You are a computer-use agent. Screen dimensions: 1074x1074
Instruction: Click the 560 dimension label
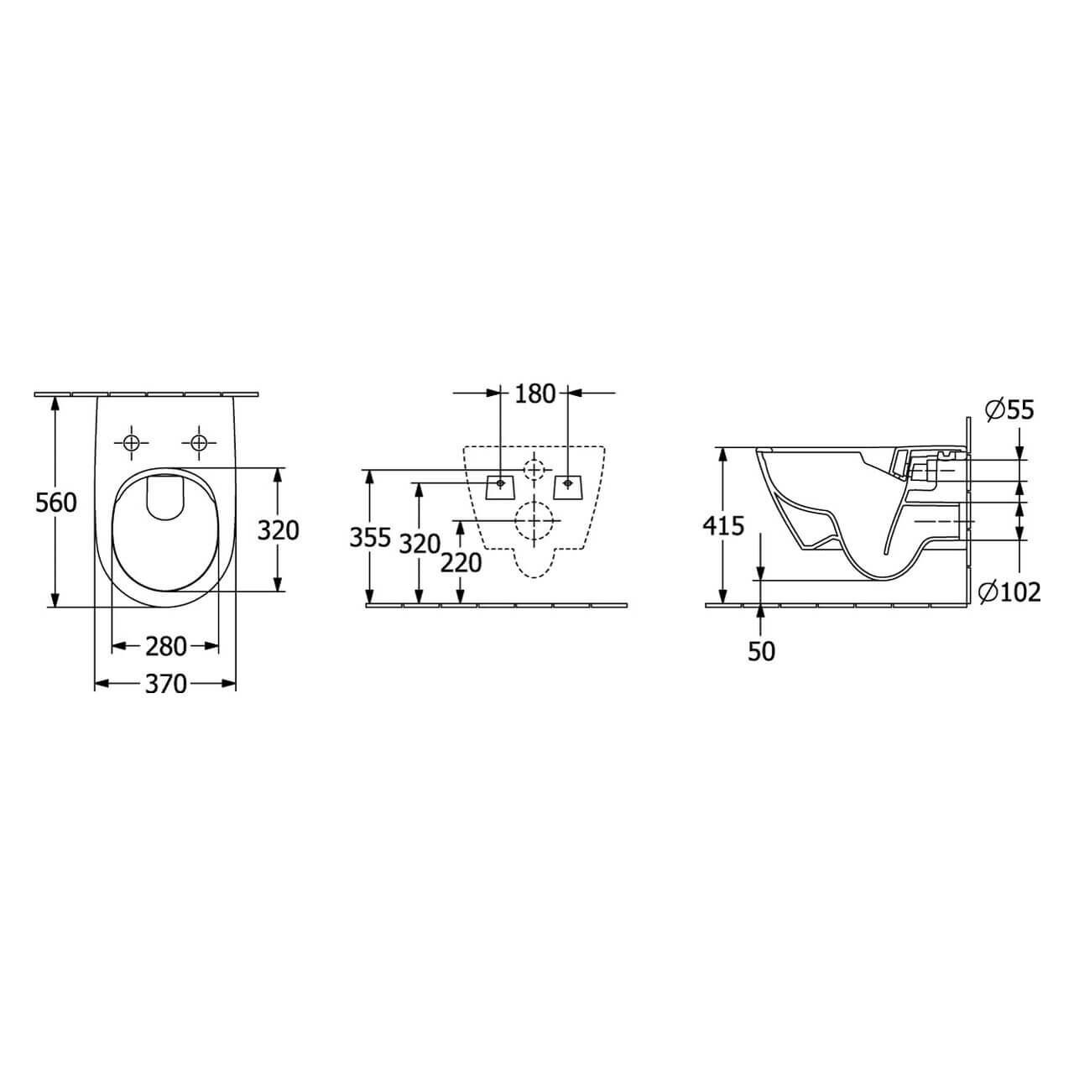(55, 503)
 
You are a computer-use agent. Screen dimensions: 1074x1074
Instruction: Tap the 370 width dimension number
(165, 684)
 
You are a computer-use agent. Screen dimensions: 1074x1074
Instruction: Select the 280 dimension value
(165, 646)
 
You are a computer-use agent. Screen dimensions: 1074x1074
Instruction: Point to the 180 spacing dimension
(534, 394)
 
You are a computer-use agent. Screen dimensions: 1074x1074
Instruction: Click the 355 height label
(370, 538)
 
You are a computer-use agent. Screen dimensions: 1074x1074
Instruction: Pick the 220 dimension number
(461, 563)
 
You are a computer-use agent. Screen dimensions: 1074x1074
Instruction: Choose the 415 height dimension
(723, 525)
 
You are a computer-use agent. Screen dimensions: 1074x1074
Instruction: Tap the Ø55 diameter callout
(1009, 410)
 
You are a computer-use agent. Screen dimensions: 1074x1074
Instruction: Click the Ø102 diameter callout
(1009, 592)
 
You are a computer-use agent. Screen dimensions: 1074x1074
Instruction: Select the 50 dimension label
(761, 651)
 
